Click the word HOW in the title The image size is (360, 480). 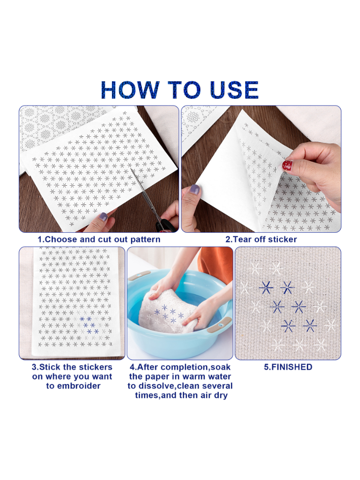tap(130, 90)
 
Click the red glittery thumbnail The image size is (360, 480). tap(287, 165)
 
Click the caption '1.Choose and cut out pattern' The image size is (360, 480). tap(99, 240)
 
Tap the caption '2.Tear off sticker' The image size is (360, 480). tap(261, 240)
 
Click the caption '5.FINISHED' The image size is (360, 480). tap(288, 367)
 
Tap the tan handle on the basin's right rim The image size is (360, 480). tap(219, 325)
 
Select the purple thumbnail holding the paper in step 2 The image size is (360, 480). tap(194, 190)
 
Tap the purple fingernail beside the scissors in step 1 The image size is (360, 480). tap(104, 217)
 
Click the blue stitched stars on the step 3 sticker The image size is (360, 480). tap(89, 325)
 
